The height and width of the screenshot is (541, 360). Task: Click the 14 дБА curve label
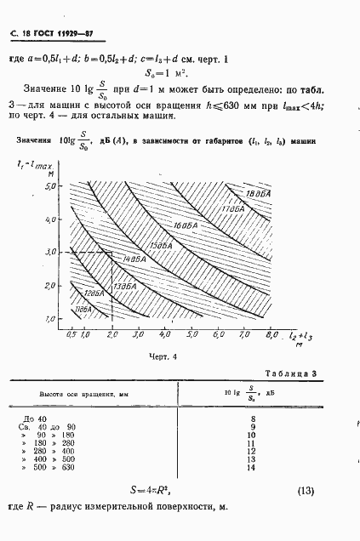(x=131, y=258)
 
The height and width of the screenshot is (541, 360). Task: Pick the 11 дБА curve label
(x=82, y=310)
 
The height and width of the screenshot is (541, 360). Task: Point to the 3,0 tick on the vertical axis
(x=59, y=252)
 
